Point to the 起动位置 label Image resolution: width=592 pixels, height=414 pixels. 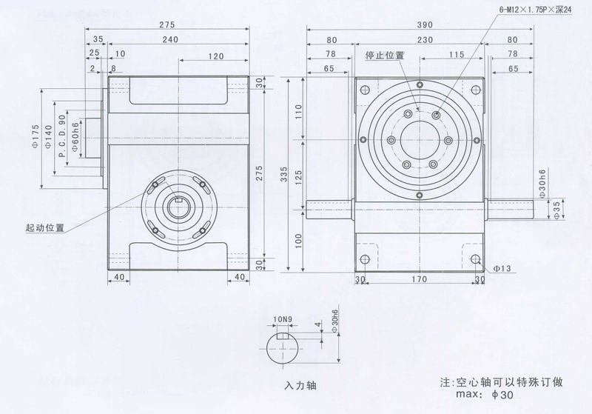[x=44, y=227]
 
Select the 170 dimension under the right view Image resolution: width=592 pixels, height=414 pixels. [x=419, y=280]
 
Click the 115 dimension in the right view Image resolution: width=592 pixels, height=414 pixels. [x=455, y=55]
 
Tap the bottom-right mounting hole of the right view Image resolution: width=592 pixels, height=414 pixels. [x=476, y=258]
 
